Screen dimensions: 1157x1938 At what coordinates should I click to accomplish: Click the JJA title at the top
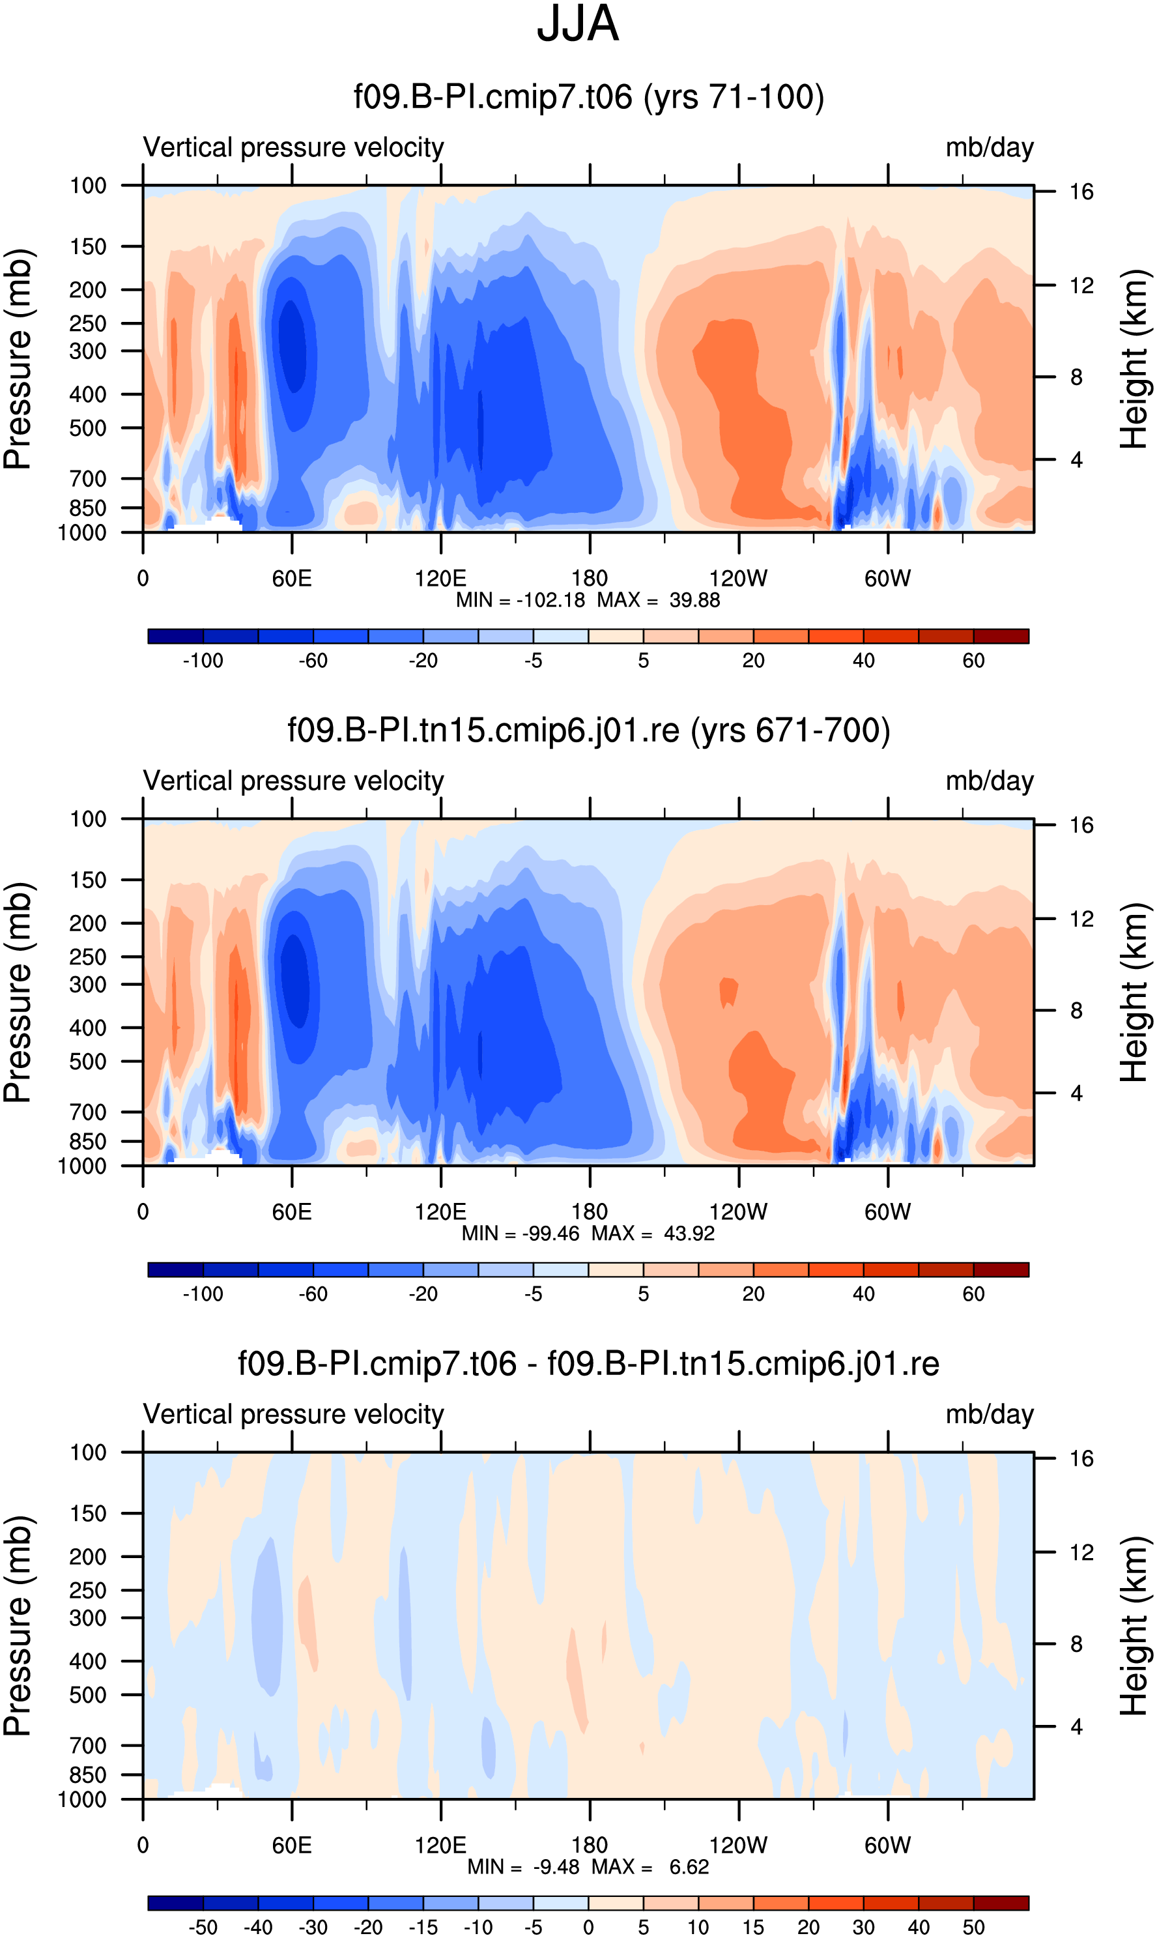tap(578, 24)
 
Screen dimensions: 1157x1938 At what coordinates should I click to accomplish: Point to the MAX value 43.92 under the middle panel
tap(689, 1233)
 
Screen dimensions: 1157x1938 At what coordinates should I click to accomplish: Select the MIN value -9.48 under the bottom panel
tap(556, 1866)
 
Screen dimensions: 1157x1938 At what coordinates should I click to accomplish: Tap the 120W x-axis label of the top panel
tap(738, 578)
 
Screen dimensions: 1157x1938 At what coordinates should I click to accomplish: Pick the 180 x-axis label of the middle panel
tap(590, 1211)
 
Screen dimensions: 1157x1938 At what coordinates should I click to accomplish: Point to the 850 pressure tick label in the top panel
tap(88, 508)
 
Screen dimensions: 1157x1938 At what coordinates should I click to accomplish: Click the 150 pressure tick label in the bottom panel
tap(88, 1513)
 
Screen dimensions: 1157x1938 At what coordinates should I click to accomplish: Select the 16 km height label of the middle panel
tap(1081, 825)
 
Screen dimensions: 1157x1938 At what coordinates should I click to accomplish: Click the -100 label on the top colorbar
tap(203, 661)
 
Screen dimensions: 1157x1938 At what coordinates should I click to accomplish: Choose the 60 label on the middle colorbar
tap(973, 1294)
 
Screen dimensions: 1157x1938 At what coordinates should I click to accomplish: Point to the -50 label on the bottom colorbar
tap(203, 1927)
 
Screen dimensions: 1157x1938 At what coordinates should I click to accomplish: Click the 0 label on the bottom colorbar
tap(589, 1927)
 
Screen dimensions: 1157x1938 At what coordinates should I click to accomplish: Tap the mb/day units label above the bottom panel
tap(990, 1414)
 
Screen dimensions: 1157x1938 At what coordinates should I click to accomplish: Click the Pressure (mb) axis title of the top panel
tap(17, 359)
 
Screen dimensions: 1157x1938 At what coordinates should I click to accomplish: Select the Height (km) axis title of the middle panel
tap(1134, 992)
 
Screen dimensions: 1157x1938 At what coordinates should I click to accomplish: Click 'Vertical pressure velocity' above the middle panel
tap(293, 781)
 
